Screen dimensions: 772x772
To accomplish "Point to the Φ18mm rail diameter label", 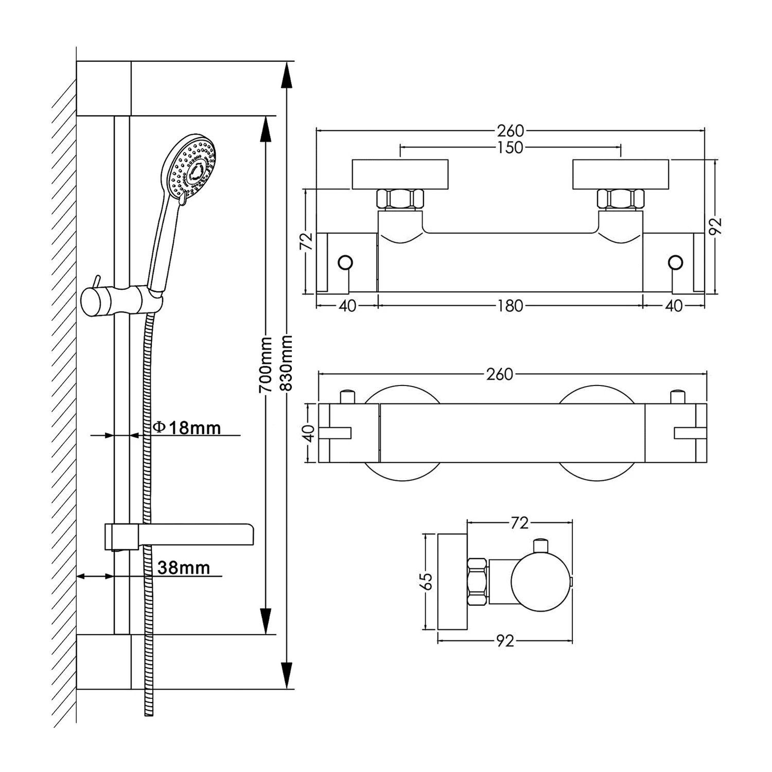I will coord(187,428).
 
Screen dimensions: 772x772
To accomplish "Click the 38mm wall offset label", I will coord(184,568).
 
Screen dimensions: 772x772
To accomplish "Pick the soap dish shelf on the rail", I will coord(196,535).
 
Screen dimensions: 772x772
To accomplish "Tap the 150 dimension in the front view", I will coord(510,148).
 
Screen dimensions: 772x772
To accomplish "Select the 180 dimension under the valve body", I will coord(510,306).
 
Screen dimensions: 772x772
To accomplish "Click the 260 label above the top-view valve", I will coord(500,374).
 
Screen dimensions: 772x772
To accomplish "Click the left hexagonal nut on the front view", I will coord(400,199).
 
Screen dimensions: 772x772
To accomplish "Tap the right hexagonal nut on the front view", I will coord(621,199).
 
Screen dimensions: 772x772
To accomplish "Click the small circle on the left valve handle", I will coord(345,263).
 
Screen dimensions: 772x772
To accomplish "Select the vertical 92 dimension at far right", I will coord(716,226).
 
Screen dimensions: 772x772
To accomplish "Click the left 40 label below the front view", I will coord(347,306).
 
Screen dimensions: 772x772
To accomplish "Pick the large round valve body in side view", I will coord(540,582).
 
